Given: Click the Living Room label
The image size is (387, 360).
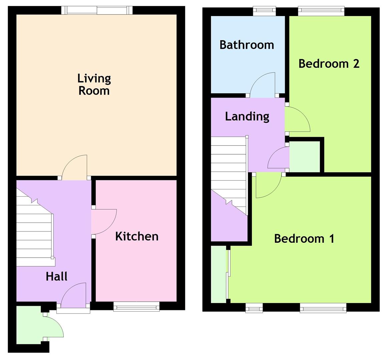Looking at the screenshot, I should click(94, 84).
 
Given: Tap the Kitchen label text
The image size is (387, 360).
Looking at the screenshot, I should click(137, 236).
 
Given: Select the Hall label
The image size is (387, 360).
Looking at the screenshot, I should click(56, 276).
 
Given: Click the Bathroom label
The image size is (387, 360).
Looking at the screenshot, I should click(247, 45).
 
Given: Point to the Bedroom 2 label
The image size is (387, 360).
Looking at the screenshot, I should click(329, 63).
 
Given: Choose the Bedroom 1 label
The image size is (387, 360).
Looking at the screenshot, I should click(304, 239).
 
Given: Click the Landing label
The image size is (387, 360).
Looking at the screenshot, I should click(247, 116).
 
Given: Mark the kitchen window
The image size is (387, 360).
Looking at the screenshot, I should click(136, 306).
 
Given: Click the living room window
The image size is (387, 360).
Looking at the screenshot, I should click(97, 10).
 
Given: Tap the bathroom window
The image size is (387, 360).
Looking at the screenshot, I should click(264, 11).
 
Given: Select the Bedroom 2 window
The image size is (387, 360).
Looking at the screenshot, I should click(321, 11).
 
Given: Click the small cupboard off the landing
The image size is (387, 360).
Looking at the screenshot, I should click(304, 157).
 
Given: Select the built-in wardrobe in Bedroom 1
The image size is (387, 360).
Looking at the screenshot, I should click(219, 274).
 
